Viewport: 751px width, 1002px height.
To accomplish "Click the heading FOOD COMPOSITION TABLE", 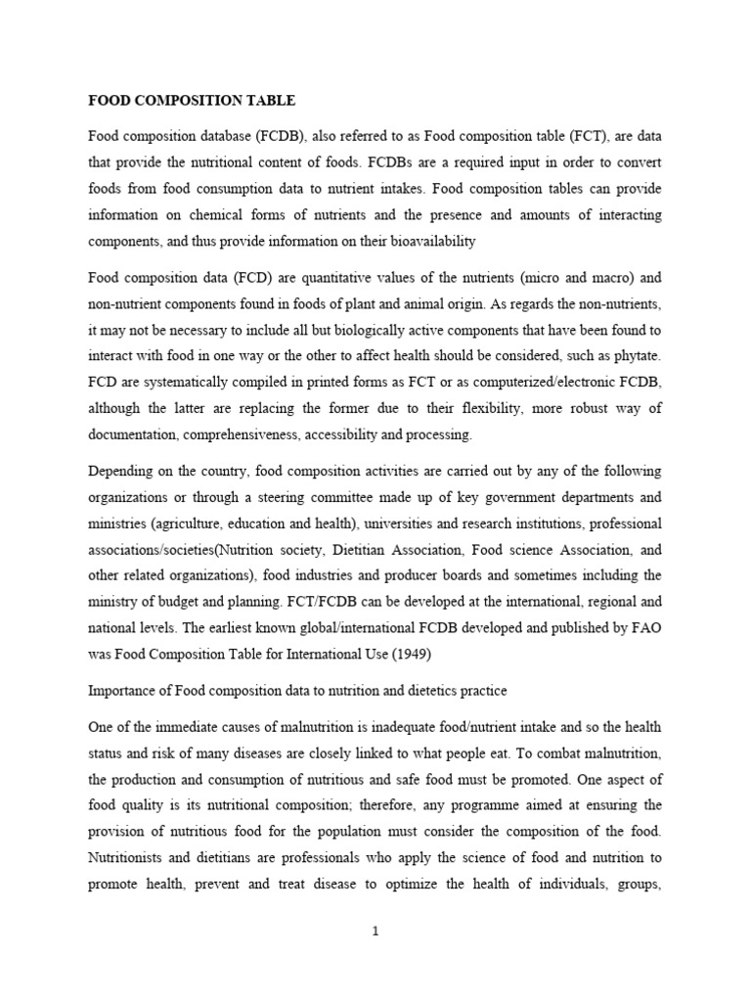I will (x=192, y=101).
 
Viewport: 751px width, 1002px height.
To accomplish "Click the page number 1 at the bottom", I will (x=375, y=931).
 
